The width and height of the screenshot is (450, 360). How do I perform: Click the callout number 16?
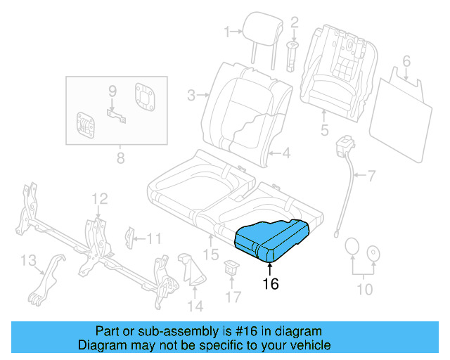(271, 284)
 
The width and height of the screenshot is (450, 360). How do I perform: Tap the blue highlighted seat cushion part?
(271, 239)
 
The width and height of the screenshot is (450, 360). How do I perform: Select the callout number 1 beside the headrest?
(227, 31)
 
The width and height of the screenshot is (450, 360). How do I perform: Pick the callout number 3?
(191, 94)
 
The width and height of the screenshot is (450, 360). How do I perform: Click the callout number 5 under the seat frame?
(324, 129)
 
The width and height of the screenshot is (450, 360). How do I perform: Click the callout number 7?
(371, 174)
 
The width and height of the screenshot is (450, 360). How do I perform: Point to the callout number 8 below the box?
(119, 157)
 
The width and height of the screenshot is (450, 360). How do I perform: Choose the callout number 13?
(27, 261)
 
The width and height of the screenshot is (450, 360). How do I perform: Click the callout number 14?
(195, 306)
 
